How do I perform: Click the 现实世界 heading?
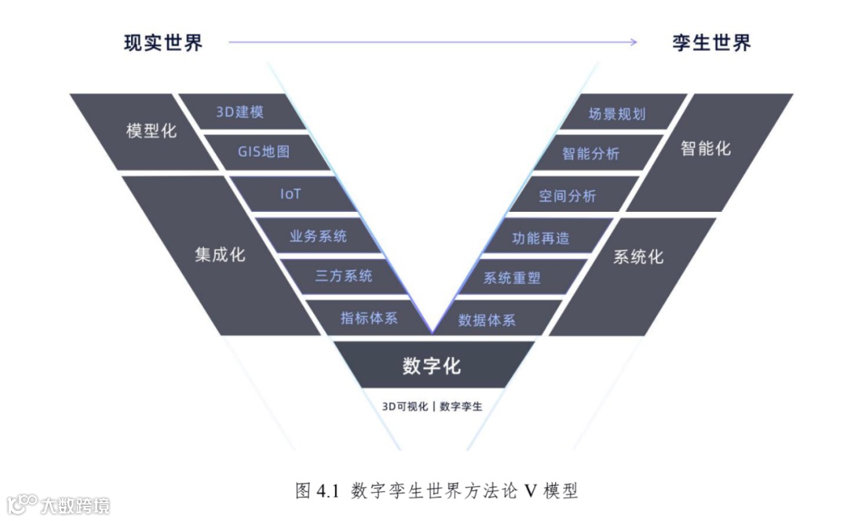pyautogui.click(x=163, y=42)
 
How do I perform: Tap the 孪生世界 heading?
pyautogui.click(x=711, y=42)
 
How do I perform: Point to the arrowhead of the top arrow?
pyautogui.click(x=633, y=42)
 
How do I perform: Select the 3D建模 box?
pyautogui.click(x=240, y=111)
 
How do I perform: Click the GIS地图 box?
pyautogui.click(x=264, y=151)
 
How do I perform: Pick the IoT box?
pyautogui.click(x=290, y=194)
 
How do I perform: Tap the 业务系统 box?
pyautogui.click(x=318, y=235)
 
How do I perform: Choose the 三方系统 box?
pyautogui.click(x=344, y=276)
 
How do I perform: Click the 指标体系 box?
pyautogui.click(x=369, y=318)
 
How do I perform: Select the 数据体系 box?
pyautogui.click(x=487, y=319)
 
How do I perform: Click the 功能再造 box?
pyautogui.click(x=540, y=237)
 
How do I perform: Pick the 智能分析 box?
pyautogui.click(x=591, y=154)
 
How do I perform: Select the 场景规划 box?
pyautogui.click(x=616, y=113)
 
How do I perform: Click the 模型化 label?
pyautogui.click(x=151, y=131)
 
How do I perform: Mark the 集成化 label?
pyautogui.click(x=220, y=254)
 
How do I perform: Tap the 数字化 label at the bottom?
pyautogui.click(x=431, y=366)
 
